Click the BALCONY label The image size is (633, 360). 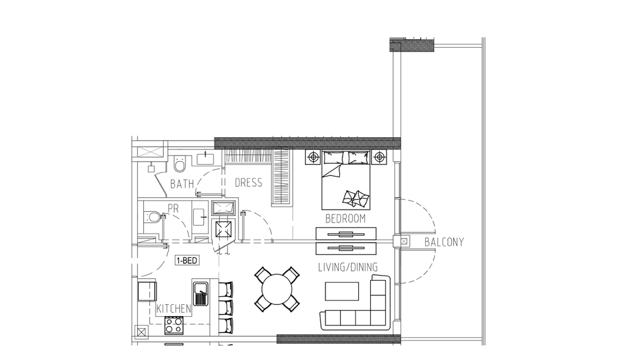pos(444,242)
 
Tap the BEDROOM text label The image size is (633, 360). pos(345,218)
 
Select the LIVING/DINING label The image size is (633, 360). pos(348,267)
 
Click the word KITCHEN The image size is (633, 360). pos(174,309)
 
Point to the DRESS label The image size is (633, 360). pos(248,183)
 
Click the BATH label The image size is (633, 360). pos(182,184)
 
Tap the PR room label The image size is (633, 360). pos(173,208)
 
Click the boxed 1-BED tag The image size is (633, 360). pos(187,261)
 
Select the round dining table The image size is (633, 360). pos(277,289)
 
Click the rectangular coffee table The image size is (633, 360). pos(342,291)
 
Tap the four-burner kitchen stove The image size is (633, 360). pos(174,325)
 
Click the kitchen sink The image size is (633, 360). pos(200,294)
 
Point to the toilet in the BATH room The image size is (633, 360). pos(180,163)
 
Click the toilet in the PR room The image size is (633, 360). pos(152,217)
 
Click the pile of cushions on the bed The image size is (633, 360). pos(355,198)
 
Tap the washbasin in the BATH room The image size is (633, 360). pos(207,158)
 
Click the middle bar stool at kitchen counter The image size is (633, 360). pos(226,307)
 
